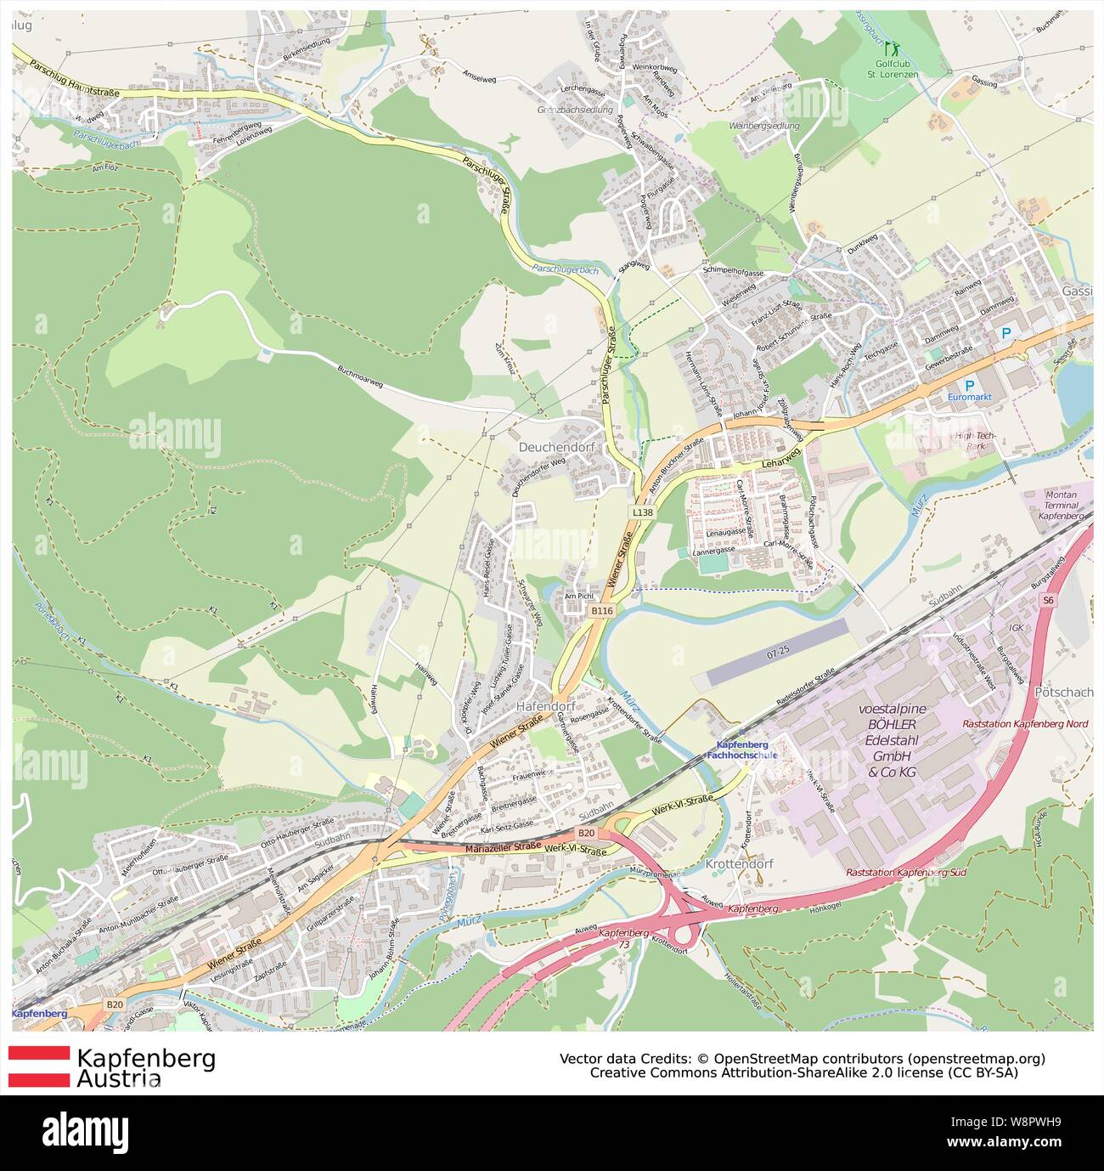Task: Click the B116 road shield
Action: click(602, 611)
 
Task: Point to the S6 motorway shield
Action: click(1049, 601)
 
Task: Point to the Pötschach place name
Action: click(1064, 693)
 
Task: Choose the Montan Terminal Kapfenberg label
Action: click(1061, 506)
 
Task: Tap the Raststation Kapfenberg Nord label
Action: click(1024, 724)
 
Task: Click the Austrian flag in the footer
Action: click(39, 1066)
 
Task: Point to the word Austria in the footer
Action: click(119, 1079)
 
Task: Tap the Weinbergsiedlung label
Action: click(764, 126)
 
